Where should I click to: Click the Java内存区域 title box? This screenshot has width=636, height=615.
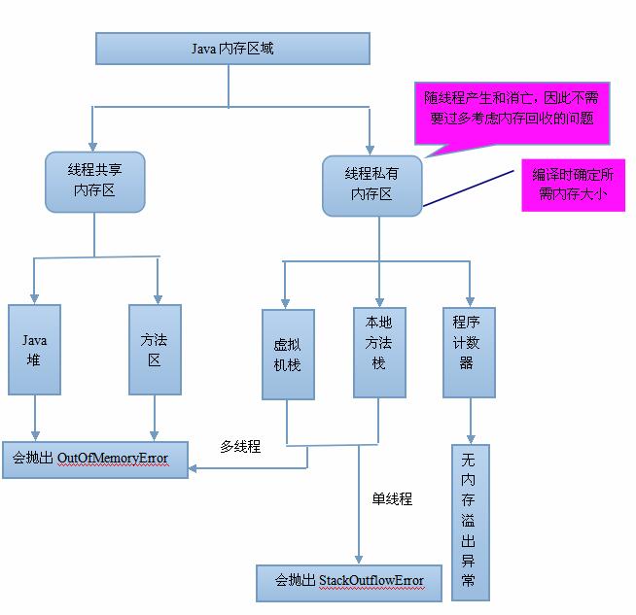(232, 49)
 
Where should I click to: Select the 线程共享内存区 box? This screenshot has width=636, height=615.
(94, 181)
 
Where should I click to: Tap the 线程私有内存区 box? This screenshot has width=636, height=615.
(371, 185)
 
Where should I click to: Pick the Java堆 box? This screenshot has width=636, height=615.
(35, 350)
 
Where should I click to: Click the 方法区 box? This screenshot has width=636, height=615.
(155, 350)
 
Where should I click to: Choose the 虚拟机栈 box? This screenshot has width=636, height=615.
(288, 355)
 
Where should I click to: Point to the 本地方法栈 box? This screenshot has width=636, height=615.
(378, 353)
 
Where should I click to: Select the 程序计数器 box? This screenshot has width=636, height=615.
(469, 353)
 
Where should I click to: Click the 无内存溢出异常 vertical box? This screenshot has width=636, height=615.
(469, 522)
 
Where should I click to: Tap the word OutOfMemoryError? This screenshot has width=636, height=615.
(113, 458)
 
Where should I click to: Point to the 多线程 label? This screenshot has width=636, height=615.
(240, 447)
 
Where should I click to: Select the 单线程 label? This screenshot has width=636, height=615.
(392, 498)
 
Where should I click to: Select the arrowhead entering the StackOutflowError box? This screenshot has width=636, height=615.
(359, 560)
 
